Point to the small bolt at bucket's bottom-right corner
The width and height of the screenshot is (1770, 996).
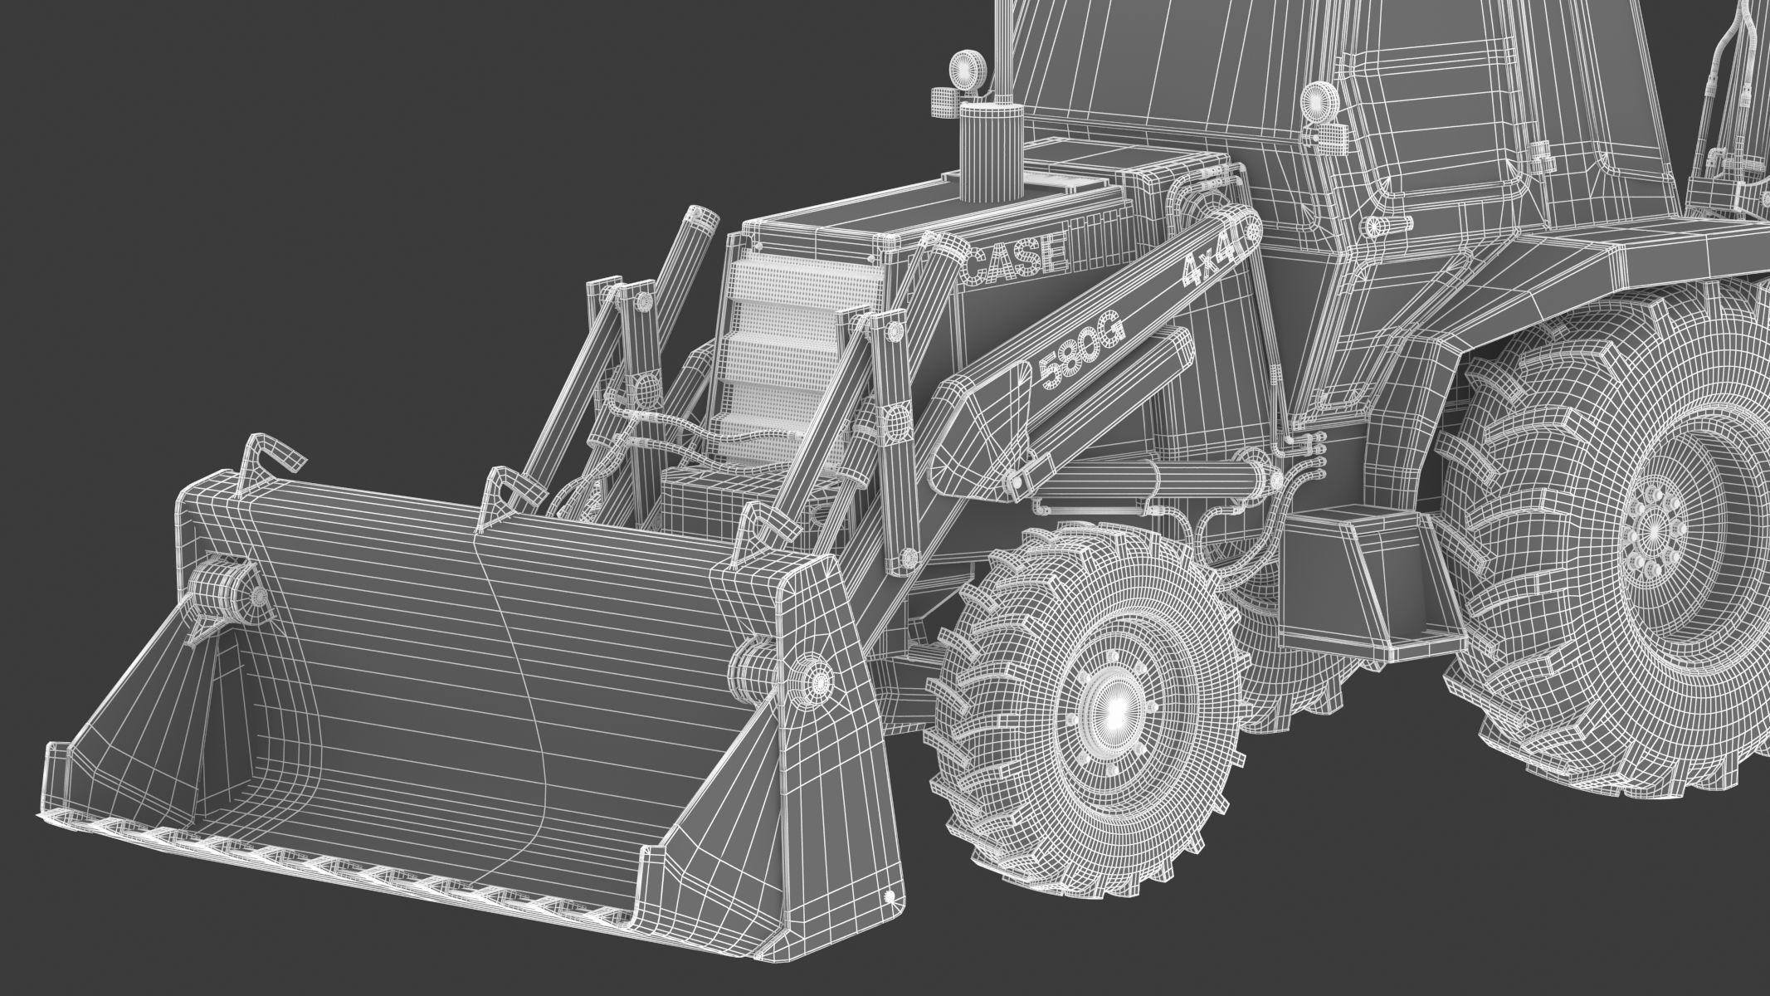pos(891,896)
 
